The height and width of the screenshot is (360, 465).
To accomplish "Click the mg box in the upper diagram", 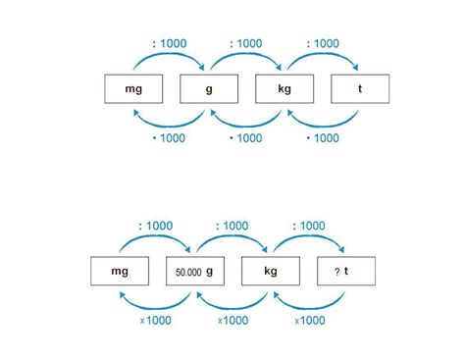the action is click(133, 89).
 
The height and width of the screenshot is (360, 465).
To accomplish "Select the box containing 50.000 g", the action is click(195, 271).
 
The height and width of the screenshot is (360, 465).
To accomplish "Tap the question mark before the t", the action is click(337, 272).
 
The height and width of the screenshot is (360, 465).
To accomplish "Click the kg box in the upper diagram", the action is click(284, 89).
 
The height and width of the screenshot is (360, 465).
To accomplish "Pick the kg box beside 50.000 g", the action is click(271, 271).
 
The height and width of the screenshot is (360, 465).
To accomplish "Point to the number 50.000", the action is click(188, 272).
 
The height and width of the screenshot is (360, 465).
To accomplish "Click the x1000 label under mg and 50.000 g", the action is click(156, 321).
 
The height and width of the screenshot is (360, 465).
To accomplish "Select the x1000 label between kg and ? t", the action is click(310, 321).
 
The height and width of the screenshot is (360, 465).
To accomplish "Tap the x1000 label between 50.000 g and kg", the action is click(232, 321).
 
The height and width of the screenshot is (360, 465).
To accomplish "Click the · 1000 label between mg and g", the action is click(169, 138).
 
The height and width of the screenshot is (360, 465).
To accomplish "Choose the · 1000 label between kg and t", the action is click(323, 138).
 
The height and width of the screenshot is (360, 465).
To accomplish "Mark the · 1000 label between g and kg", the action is click(246, 138).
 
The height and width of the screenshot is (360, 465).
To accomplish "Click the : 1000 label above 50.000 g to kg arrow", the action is click(232, 226).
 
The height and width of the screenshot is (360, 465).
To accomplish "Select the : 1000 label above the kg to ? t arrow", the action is click(309, 226).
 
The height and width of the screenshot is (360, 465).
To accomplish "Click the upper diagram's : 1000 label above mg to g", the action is click(170, 43).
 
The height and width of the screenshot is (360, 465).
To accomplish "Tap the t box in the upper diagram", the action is click(360, 89).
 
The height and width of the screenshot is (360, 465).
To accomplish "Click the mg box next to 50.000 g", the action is click(120, 271).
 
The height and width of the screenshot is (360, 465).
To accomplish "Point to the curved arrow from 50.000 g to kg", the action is click(232, 236).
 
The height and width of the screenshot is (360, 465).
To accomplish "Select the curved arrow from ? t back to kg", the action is click(309, 308).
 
